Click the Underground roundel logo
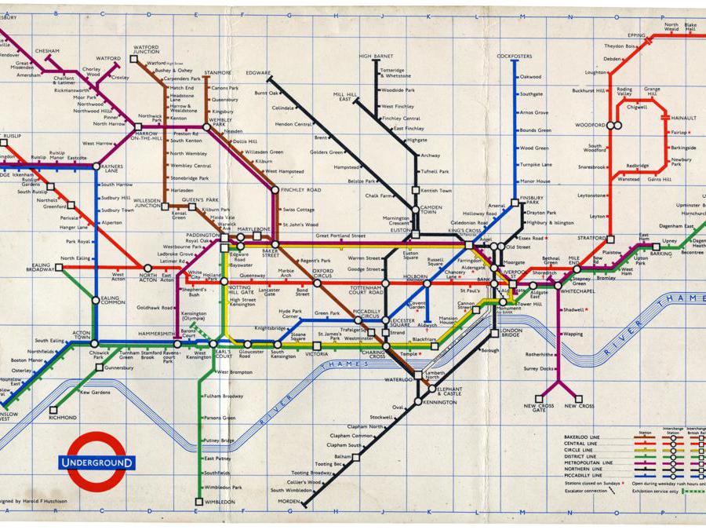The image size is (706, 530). (96, 462)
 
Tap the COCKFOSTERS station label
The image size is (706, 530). (515, 57)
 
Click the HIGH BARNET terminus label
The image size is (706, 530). (377, 57)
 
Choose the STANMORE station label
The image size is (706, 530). (217, 73)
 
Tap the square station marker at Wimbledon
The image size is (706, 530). (198, 501)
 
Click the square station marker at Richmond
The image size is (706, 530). (53, 409)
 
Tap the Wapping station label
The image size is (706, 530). (573, 334)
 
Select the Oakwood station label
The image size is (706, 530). (531, 77)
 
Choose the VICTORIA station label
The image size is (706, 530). (317, 354)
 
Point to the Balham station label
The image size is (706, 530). (342, 456)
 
